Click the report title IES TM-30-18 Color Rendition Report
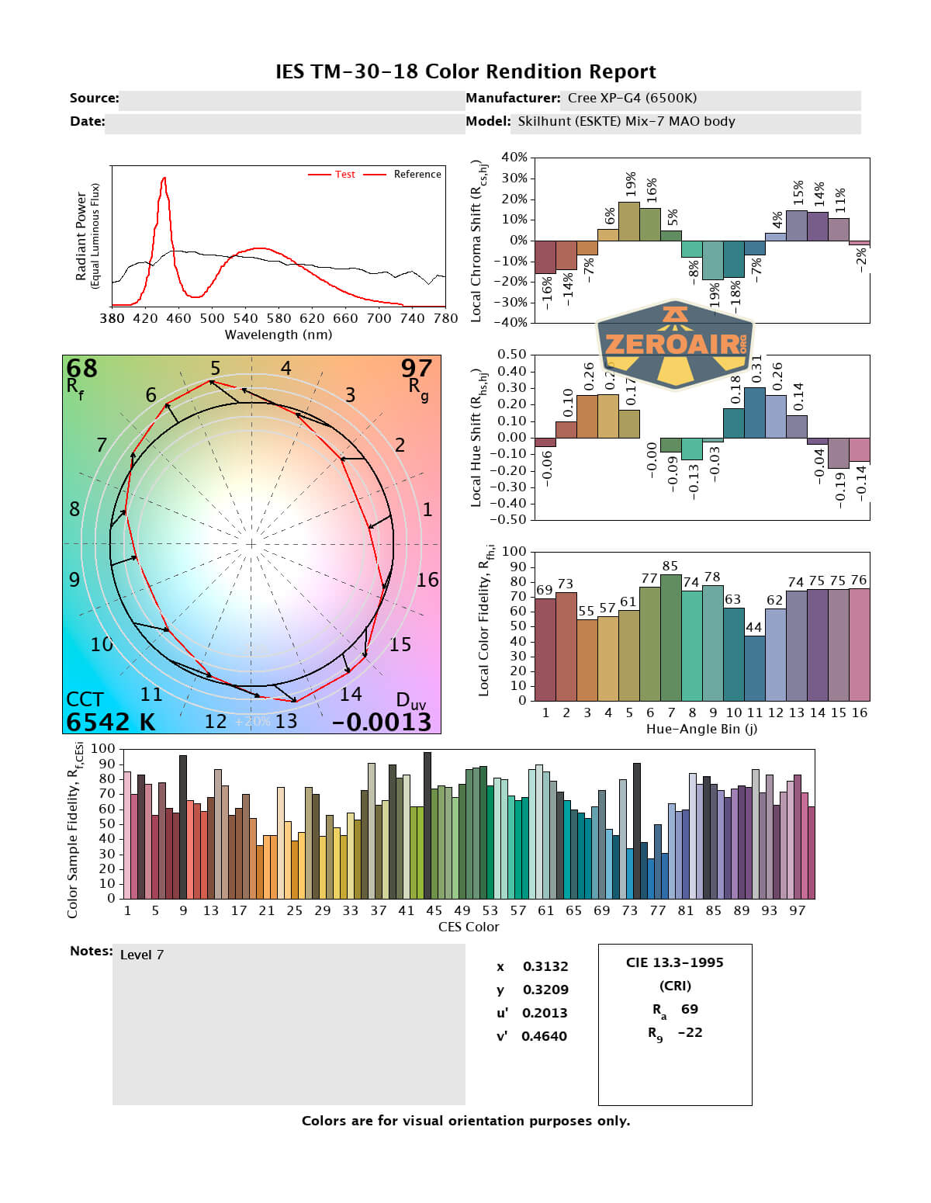point(465,71)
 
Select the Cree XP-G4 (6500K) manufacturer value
point(632,99)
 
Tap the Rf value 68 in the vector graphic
point(81,368)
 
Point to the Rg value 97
point(417,368)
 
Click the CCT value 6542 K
point(110,722)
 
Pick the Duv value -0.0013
point(382,722)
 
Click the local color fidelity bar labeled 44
point(754,667)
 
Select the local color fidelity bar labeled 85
point(670,636)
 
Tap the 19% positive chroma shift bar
point(629,221)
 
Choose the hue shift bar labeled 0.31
point(754,412)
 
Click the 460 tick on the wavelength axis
point(178,318)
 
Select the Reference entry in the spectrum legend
point(417,175)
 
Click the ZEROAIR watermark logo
point(675,344)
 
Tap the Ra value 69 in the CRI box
point(689,1009)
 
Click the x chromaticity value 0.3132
point(545,966)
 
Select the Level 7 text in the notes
point(142,955)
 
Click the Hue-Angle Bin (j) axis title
point(701,730)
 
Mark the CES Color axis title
point(469,927)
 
